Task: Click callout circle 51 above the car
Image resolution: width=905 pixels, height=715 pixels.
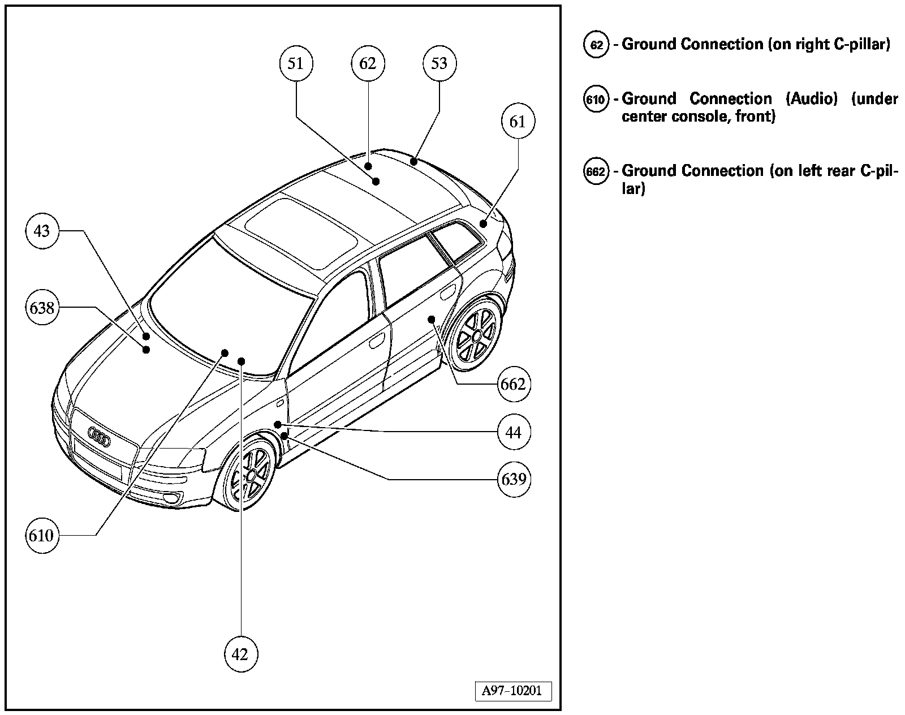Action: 296,63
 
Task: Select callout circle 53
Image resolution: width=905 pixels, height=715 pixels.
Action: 439,63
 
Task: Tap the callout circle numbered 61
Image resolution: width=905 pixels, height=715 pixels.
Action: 518,122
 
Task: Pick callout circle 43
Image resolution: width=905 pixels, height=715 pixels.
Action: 42,231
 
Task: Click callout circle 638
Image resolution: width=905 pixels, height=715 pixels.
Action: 42,308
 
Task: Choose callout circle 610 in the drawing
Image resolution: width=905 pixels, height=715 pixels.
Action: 41,535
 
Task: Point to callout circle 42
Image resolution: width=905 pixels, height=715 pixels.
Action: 240,654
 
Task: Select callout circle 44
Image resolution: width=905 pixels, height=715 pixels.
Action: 514,433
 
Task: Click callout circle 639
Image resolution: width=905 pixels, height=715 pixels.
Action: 514,479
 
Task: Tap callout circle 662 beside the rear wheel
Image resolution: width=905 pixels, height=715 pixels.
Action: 514,385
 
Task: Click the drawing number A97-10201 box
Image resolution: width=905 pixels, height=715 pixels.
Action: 512,691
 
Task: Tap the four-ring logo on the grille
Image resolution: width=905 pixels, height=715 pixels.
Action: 99,437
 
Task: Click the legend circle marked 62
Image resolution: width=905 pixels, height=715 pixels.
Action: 596,45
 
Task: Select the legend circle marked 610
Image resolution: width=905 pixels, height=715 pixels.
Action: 596,100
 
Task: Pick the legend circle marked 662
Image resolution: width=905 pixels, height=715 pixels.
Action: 596,171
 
